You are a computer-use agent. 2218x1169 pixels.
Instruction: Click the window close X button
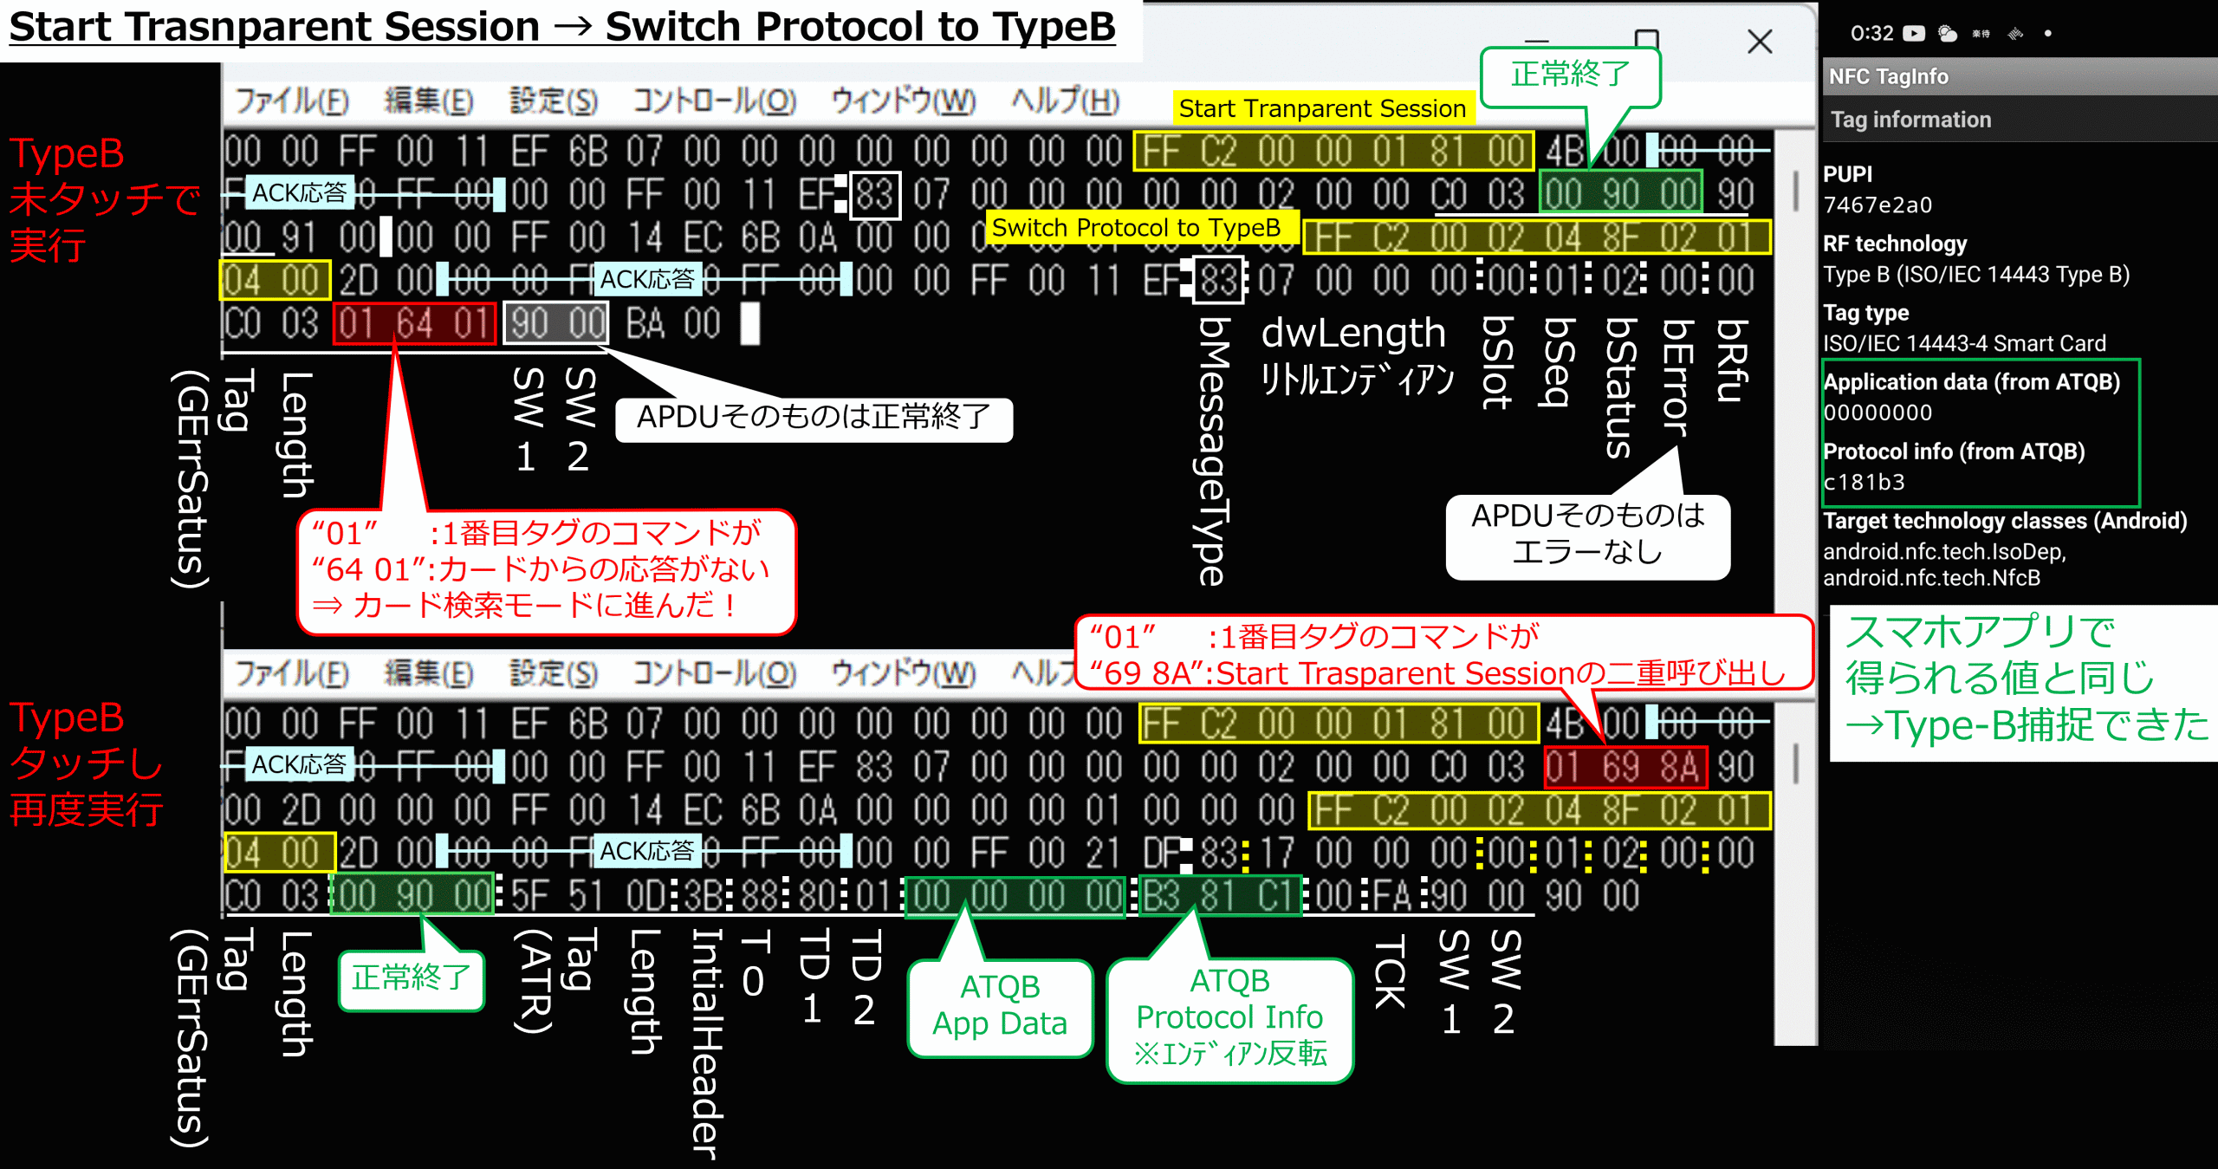tap(1759, 41)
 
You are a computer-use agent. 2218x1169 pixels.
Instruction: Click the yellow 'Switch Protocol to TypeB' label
tap(1136, 228)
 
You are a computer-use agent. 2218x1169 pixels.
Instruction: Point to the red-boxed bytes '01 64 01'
tap(414, 324)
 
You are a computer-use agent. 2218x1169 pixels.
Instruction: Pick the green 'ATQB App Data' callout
tap(1000, 1006)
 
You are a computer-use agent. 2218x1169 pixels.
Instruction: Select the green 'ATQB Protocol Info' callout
tap(1229, 1018)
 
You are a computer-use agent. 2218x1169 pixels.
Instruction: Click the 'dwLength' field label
tap(1352, 334)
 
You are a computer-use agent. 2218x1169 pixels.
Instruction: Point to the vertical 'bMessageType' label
tap(1213, 451)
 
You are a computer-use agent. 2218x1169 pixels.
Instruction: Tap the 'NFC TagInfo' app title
tap(1888, 77)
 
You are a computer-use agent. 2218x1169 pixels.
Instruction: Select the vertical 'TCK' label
tap(1390, 971)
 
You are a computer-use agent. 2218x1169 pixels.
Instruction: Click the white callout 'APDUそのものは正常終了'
tap(813, 418)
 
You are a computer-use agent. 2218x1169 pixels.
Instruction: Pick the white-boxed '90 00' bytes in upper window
tap(556, 324)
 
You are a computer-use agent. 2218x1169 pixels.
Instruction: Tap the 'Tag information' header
tap(1910, 120)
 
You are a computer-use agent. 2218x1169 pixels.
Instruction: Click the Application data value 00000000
tap(1878, 413)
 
